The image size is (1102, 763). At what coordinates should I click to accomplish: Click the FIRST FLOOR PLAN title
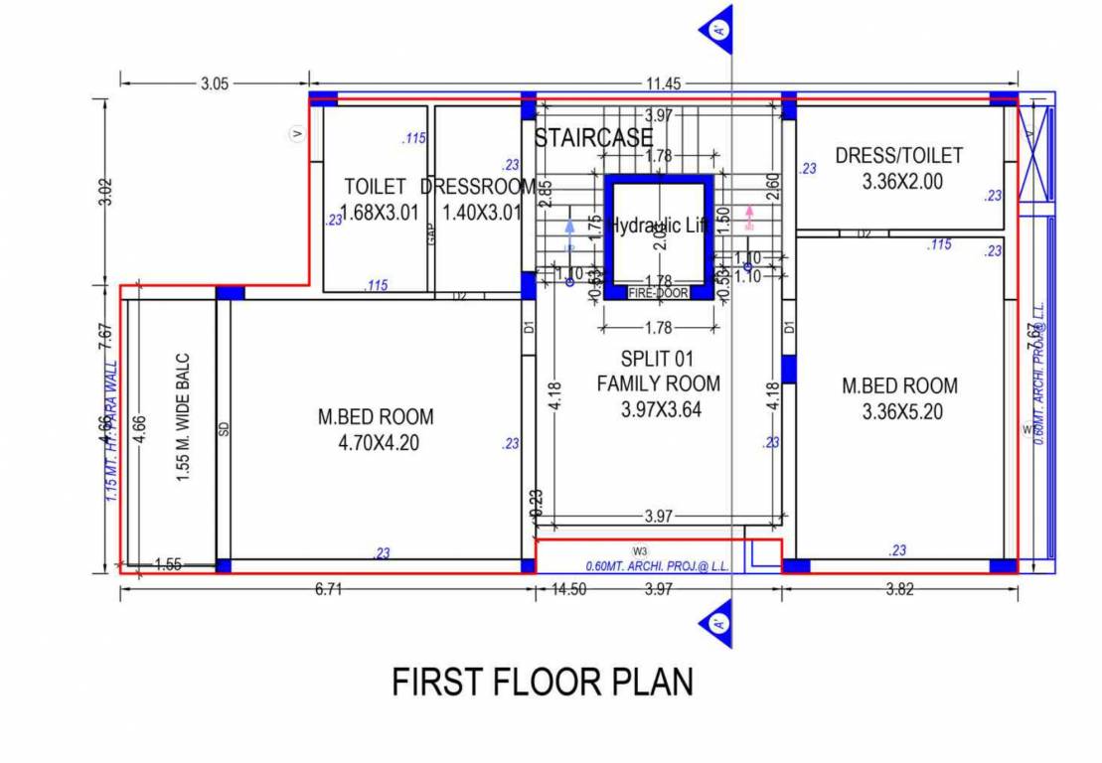(x=543, y=683)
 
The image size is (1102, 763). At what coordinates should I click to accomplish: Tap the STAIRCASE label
(x=593, y=137)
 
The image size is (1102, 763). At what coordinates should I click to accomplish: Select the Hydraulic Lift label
(x=659, y=226)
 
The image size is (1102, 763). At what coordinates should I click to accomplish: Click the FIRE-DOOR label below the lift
(x=658, y=293)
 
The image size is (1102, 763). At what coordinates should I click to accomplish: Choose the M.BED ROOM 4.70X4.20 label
(x=369, y=430)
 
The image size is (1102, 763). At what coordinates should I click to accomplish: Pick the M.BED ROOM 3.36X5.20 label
(x=899, y=397)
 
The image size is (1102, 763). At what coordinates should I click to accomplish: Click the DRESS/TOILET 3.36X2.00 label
(x=898, y=168)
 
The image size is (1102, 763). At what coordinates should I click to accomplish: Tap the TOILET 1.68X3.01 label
(x=375, y=199)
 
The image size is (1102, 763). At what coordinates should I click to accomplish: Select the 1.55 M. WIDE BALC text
(x=184, y=418)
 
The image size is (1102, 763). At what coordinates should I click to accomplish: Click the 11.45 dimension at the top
(x=664, y=84)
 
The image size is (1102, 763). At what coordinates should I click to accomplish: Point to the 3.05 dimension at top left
(x=215, y=84)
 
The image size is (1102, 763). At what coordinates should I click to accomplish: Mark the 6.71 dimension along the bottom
(x=328, y=590)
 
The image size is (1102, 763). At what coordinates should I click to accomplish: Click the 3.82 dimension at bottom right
(x=899, y=590)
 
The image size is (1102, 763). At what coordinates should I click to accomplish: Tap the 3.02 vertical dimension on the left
(x=107, y=191)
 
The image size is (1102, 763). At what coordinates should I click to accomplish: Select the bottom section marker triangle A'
(x=718, y=624)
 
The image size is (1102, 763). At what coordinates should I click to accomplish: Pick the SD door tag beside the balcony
(x=224, y=429)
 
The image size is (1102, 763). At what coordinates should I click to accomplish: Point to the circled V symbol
(x=295, y=133)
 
